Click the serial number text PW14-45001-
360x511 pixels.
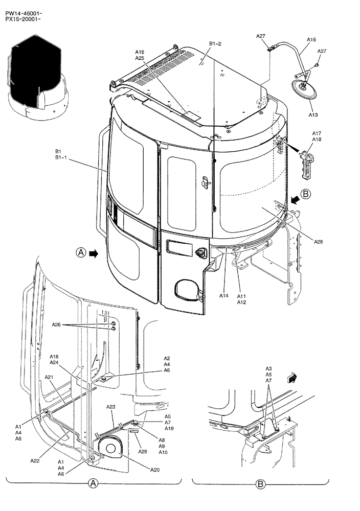coord(24,7)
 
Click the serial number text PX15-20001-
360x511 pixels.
coord(24,13)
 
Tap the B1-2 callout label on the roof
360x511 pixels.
coord(215,44)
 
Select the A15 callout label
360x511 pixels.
coord(311,39)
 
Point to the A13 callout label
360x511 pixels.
coord(313,115)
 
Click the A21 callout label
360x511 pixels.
coord(49,377)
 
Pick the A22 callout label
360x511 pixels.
coord(35,460)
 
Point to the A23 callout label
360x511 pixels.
coord(111,407)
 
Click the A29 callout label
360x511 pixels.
coord(143,452)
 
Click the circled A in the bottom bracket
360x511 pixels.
coord(93,483)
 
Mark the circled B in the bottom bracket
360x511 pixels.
coord(260,483)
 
